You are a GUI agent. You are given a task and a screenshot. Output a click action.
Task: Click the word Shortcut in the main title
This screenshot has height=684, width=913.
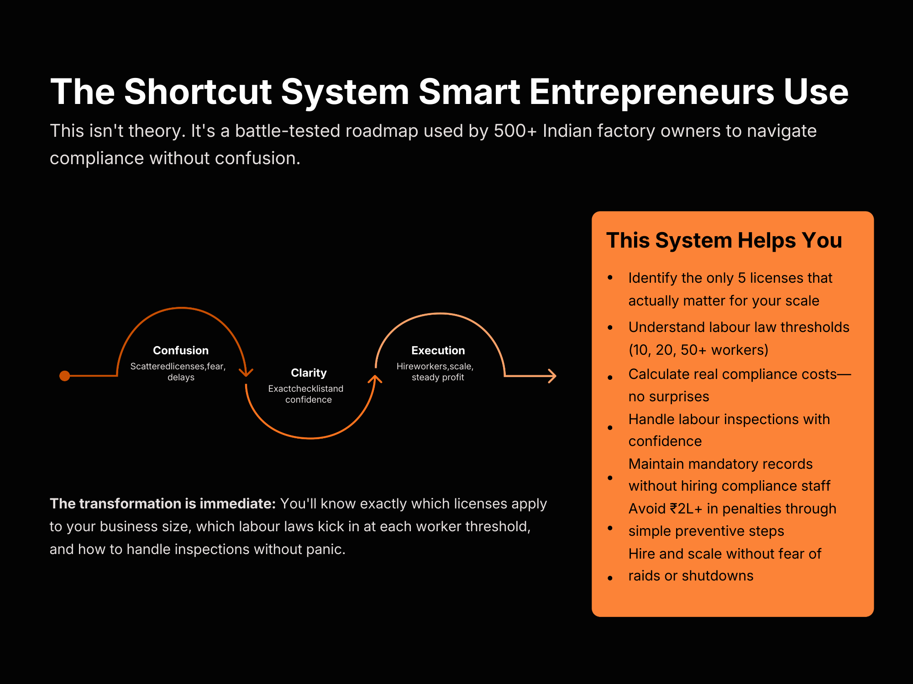pos(198,92)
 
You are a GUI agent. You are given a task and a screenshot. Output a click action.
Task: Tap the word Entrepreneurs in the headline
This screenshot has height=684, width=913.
pos(651,92)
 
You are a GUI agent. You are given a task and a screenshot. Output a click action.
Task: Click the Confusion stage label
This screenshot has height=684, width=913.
pos(181,350)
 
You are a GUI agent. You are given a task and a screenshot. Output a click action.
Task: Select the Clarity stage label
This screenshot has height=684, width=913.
pos(309,373)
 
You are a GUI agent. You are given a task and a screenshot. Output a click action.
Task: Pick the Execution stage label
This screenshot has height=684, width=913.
pos(438,350)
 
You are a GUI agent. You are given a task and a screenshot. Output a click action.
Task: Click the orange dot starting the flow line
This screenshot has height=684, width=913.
pos(65,376)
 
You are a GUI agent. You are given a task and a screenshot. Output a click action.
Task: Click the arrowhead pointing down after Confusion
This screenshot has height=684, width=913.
pos(246,373)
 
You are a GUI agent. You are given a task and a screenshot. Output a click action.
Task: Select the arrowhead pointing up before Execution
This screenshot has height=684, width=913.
pos(375,378)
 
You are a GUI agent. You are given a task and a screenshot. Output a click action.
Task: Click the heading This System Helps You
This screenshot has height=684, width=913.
pos(724,240)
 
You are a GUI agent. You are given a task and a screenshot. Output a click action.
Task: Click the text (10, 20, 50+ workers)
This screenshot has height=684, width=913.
pos(698,350)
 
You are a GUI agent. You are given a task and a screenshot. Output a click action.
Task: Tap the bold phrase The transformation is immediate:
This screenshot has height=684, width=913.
pos(163,503)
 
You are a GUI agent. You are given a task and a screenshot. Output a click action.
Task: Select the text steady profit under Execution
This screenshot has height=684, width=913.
pos(438,377)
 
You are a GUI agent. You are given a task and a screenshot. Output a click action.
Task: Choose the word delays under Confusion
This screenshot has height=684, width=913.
pos(181,377)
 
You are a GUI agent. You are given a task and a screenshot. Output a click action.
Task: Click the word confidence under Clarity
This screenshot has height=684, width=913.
pos(309,399)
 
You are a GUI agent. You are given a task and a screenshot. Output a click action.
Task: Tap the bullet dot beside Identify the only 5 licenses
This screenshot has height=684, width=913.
pos(610,277)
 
